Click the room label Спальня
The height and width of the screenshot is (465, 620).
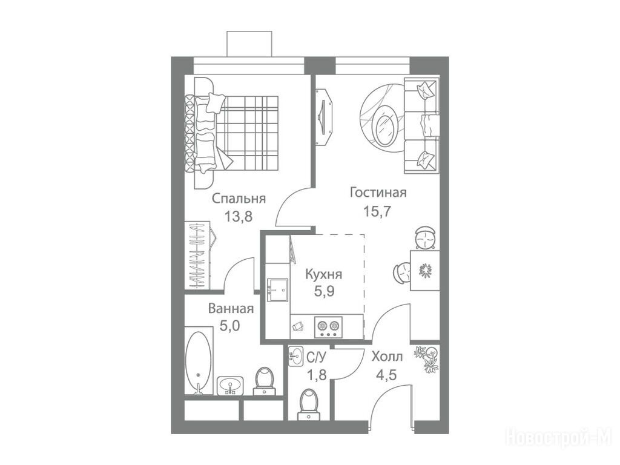coord(239,199)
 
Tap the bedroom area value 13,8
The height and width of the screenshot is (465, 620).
coord(238,216)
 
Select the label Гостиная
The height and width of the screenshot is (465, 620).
coord(378,193)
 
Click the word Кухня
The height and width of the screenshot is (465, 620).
coord(323,274)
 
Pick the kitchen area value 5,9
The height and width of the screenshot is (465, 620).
coord(325,291)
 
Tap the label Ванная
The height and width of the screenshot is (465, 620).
coord(231,308)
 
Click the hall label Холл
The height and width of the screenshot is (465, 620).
coord(387,357)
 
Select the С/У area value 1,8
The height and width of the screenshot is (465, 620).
coord(317,374)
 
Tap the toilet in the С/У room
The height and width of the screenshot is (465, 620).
coord(309,403)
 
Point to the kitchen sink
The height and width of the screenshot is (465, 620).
coord(277,290)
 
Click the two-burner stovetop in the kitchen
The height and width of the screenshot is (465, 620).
coord(329,328)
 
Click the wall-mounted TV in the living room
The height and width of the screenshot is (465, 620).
coord(325,117)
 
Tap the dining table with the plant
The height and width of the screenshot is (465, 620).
coord(424,270)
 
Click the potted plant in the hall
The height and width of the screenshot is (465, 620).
coord(426,358)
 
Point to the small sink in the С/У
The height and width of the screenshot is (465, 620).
coord(295,356)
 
